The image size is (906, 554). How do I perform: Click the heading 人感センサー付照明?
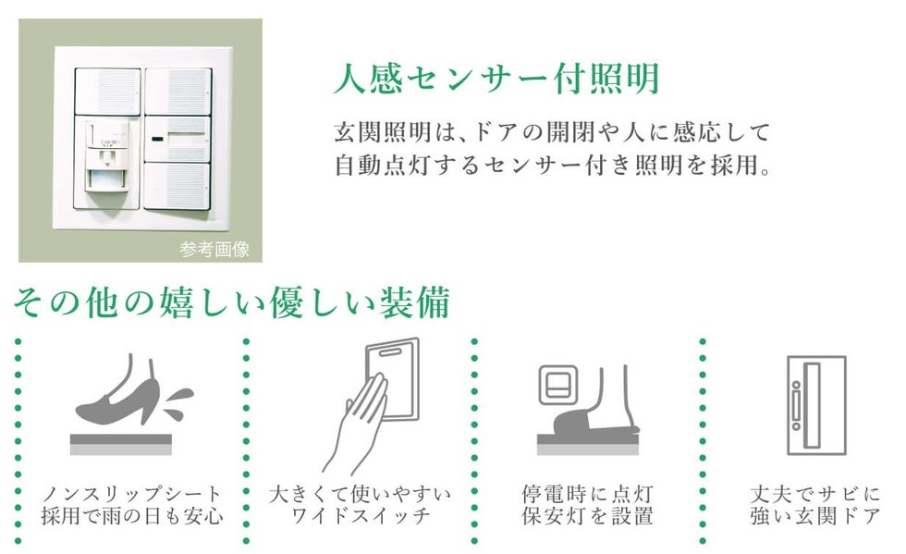[497, 79]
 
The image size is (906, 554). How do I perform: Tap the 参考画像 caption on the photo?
[214, 249]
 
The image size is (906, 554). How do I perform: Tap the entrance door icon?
[816, 405]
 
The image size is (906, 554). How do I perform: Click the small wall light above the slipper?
[557, 385]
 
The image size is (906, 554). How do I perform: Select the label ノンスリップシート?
[132, 494]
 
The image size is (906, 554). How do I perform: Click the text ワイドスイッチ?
[361, 515]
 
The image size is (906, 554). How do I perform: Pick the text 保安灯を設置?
[588, 515]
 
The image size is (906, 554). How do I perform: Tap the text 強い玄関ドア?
[815, 515]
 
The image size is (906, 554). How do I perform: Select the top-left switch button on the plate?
[108, 92]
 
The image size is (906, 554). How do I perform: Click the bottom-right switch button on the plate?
[177, 186]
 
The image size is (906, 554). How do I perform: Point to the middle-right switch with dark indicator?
[177, 139]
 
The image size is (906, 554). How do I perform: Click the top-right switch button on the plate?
[178, 92]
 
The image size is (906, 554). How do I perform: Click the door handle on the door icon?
[797, 405]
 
